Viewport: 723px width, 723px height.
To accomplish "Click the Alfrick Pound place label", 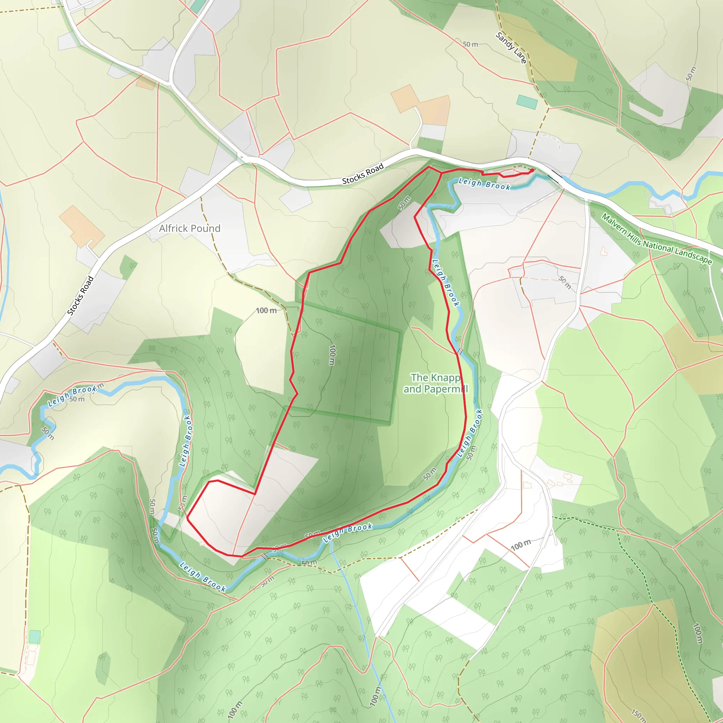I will coord(189,228).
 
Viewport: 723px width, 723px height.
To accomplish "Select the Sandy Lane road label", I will coord(511,48).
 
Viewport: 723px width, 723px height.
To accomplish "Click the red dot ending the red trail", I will coord(532,170).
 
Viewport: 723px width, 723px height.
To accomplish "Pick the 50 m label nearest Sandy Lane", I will coord(470,44).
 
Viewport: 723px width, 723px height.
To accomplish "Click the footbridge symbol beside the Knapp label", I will coord(460,351).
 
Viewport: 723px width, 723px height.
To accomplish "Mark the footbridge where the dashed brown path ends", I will coord(264,556).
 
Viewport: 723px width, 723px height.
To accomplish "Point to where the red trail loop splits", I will coord(441,173).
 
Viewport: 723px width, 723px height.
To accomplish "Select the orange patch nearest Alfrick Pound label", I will coord(82,226).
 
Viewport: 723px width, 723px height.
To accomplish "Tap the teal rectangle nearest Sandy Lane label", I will coord(527,102).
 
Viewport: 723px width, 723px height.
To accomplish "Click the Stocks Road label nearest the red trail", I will coord(363,174).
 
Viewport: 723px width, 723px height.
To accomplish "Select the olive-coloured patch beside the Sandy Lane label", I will coord(550,56).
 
